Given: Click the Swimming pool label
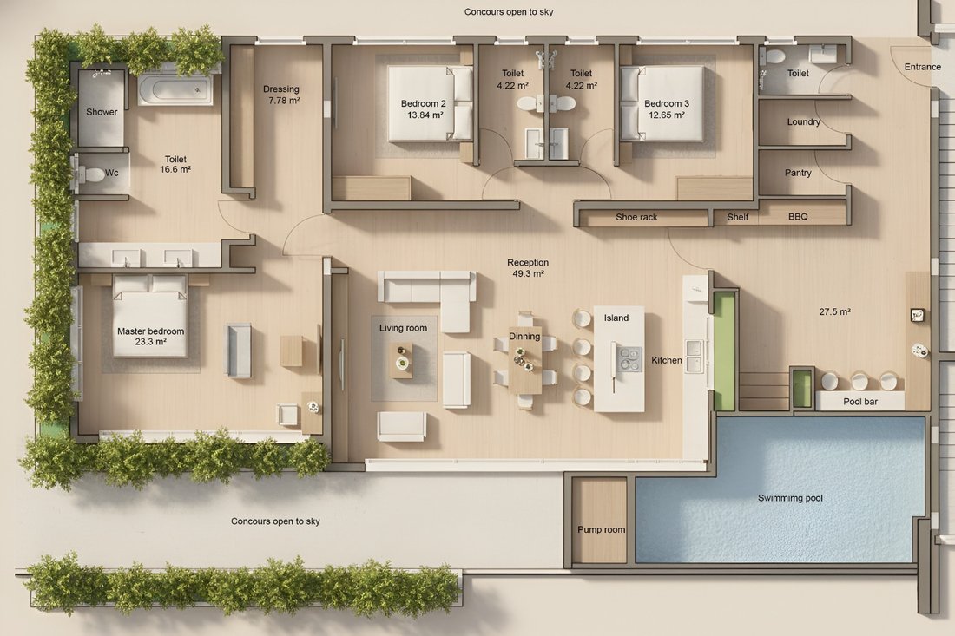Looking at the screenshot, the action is [x=790, y=498].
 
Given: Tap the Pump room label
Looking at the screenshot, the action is [x=601, y=529].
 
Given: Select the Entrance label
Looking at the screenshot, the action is [x=922, y=67].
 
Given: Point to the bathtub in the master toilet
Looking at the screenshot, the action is [x=175, y=90].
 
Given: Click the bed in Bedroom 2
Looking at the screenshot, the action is [x=430, y=103].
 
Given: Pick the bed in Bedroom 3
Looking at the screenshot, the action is [x=662, y=103].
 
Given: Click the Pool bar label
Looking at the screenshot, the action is [x=860, y=402].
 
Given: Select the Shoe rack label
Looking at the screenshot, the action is [x=636, y=217].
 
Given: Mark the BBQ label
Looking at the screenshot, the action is [x=798, y=217].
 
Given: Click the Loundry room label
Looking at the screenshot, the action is [x=803, y=121].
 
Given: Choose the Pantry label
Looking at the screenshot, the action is [x=798, y=173].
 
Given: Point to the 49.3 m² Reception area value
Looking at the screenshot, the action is [x=528, y=274].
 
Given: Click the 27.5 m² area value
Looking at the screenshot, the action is [x=834, y=311].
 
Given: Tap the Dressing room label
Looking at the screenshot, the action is [x=280, y=89].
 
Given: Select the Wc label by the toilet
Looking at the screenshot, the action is [x=111, y=173].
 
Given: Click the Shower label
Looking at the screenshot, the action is [x=102, y=112].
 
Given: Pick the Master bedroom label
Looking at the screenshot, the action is [x=150, y=331].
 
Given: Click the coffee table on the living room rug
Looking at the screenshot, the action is [x=401, y=360].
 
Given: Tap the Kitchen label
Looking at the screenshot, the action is [x=666, y=360].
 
